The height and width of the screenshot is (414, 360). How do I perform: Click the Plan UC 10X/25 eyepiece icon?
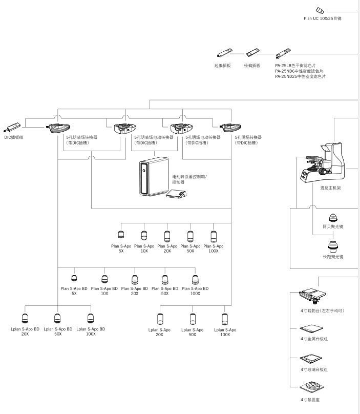point(320,10)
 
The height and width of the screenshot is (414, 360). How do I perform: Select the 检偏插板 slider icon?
point(251,53)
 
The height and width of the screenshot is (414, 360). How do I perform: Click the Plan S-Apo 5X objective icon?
point(121,235)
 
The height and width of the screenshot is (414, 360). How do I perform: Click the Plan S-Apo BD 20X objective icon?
point(135,279)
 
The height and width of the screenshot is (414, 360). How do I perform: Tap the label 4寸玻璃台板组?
point(314,369)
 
